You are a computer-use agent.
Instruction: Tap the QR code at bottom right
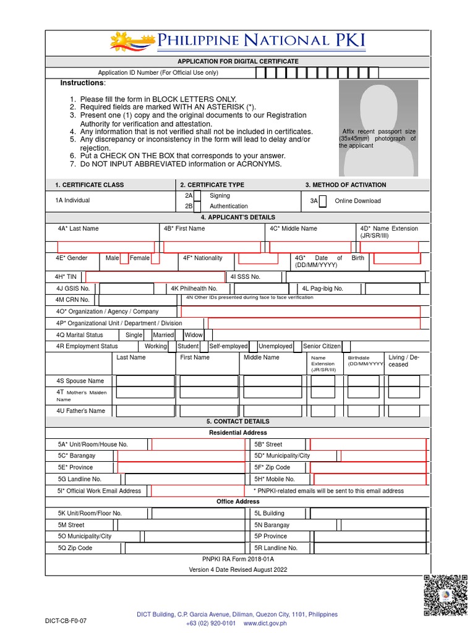pos(445,595)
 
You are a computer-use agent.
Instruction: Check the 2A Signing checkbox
pos(197,196)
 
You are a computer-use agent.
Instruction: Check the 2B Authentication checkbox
pos(197,206)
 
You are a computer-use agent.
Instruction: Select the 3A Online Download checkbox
pos(323,201)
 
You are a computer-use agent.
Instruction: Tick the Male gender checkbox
pos(124,258)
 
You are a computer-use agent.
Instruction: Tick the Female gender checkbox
pos(155,258)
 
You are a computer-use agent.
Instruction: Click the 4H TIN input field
pos(155,277)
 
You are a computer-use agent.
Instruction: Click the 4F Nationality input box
pos(258,258)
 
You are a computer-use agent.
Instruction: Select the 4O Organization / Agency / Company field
pos(300,312)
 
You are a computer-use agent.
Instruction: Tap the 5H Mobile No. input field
pos(369,479)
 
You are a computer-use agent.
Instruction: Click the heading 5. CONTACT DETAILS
pos(237,422)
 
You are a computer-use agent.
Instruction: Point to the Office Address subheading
pos(237,501)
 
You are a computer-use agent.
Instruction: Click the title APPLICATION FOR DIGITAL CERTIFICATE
pos(237,61)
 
